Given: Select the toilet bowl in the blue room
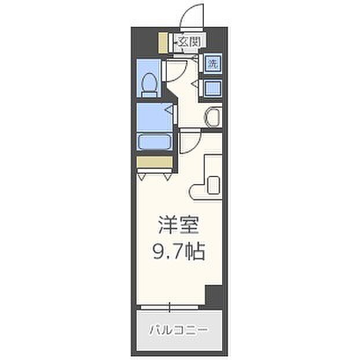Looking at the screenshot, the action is click(149, 86).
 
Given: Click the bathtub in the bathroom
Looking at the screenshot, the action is click(155, 142).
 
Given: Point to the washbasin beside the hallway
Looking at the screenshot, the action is click(213, 117).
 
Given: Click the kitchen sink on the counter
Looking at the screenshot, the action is click(214, 185).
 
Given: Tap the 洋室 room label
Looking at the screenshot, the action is click(178, 225).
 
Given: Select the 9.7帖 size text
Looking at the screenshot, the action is click(178, 251).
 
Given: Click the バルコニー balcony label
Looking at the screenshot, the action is click(178, 330).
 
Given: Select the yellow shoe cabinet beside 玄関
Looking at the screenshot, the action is click(163, 43).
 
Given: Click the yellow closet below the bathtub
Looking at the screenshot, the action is click(155, 162).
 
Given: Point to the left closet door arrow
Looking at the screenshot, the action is click(142, 177).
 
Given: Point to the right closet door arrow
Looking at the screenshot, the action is click(167, 177).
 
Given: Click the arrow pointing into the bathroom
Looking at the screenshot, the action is click(170, 110).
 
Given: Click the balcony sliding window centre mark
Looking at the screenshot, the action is click(170, 307).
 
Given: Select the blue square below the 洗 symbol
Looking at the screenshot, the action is click(213, 88).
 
